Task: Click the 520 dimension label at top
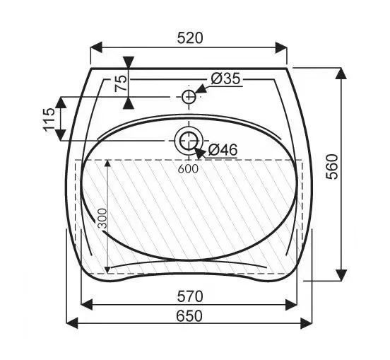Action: pos(189,38)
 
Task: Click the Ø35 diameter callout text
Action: pos(225,79)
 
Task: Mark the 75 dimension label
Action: pos(121,83)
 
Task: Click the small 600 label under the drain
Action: pos(188,168)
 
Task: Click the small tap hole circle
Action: pos(189,96)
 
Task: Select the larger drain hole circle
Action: pos(188,141)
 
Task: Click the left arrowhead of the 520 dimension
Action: pos(95,47)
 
